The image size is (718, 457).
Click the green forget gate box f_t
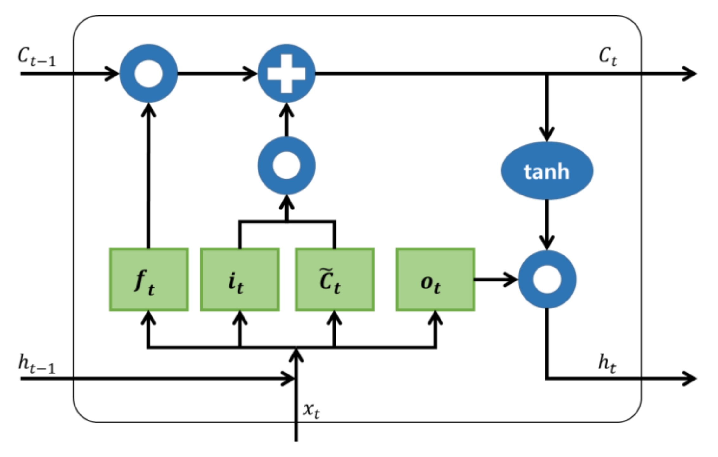tap(149, 280)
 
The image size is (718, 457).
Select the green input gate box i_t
tap(240, 280)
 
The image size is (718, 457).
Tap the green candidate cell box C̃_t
tap(335, 280)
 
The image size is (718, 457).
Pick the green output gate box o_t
tap(435, 280)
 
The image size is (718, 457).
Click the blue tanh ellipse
tap(547, 171)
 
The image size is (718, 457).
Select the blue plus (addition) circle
tap(286, 73)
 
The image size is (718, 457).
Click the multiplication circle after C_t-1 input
tap(148, 73)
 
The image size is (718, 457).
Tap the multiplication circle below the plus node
tap(286, 166)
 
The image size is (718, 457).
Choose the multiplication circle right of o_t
tap(547, 280)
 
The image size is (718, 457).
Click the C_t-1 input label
tap(36, 57)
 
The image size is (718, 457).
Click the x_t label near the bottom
tap(311, 410)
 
